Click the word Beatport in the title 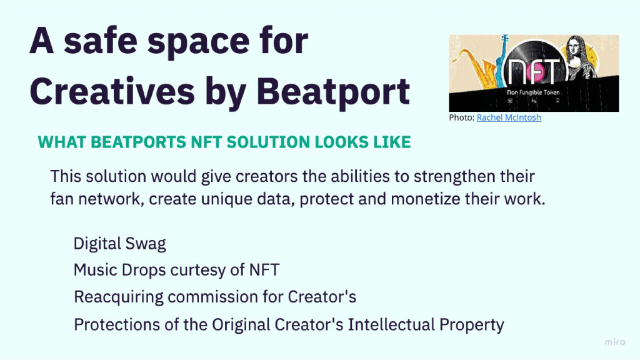[x=333, y=92]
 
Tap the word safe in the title [x=101, y=41]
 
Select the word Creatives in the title [x=112, y=91]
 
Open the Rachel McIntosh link [x=509, y=117]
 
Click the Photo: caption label [x=462, y=117]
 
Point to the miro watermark [x=615, y=342]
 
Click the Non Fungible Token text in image [x=533, y=92]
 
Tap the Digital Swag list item [x=119, y=244]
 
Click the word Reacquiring [x=118, y=297]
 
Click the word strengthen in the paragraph [x=454, y=177]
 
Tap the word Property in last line [x=471, y=325]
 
